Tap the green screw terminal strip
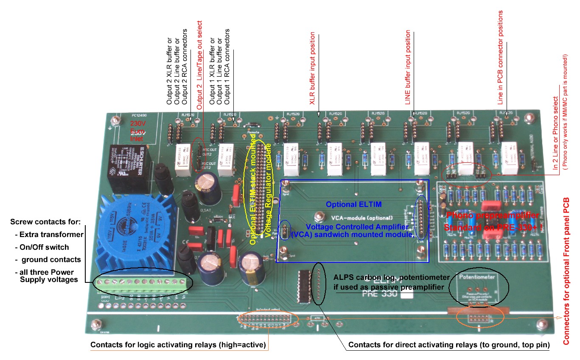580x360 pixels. pyautogui.click(x=140, y=285)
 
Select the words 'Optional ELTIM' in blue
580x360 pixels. pyautogui.click(x=347, y=204)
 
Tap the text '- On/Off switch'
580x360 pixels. pyautogui.click(x=42, y=247)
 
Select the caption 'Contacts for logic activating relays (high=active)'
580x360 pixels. pyautogui.click(x=178, y=345)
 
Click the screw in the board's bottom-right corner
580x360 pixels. pyautogui.click(x=540, y=324)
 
